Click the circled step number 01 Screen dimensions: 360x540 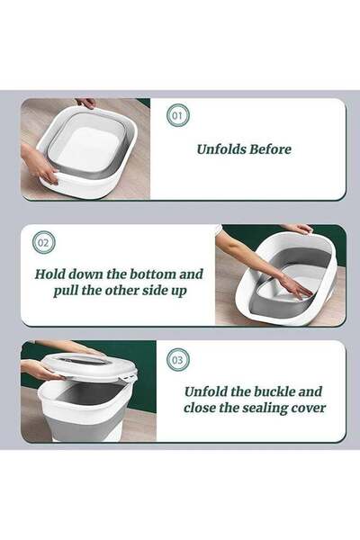point(177,115)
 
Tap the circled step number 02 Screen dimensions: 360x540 point(43,243)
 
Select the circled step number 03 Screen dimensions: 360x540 point(177,360)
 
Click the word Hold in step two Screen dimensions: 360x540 point(49,274)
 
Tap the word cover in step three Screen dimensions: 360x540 point(309,409)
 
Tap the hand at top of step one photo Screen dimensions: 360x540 point(85,103)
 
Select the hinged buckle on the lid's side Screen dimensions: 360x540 point(128,379)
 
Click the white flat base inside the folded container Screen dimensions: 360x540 point(85,148)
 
